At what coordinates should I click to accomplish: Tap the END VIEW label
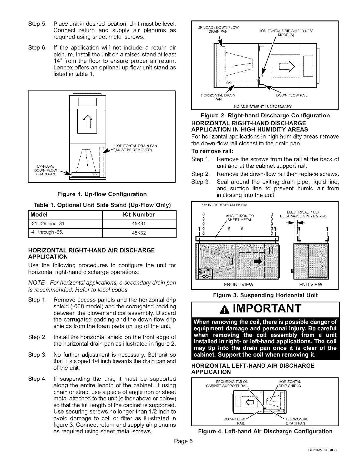pyautogui.click(x=310, y=284)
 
